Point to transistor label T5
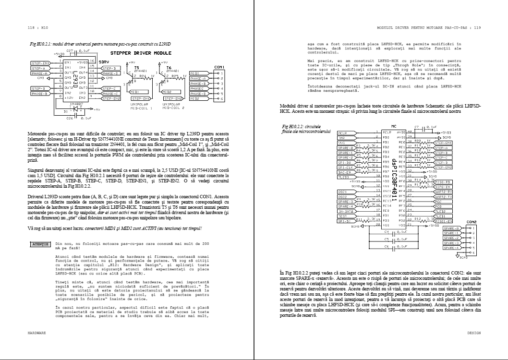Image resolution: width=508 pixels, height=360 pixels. pyautogui.click(x=137, y=68)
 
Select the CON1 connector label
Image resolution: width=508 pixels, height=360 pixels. pyautogui.click(x=219, y=66)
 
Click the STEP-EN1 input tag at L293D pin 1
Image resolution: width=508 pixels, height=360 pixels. pyautogui.click(x=40, y=63)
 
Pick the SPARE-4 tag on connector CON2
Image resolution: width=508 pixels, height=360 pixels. pyautogui.click(x=451, y=248)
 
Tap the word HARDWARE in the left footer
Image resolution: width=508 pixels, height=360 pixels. pyautogui.click(x=36, y=332)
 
